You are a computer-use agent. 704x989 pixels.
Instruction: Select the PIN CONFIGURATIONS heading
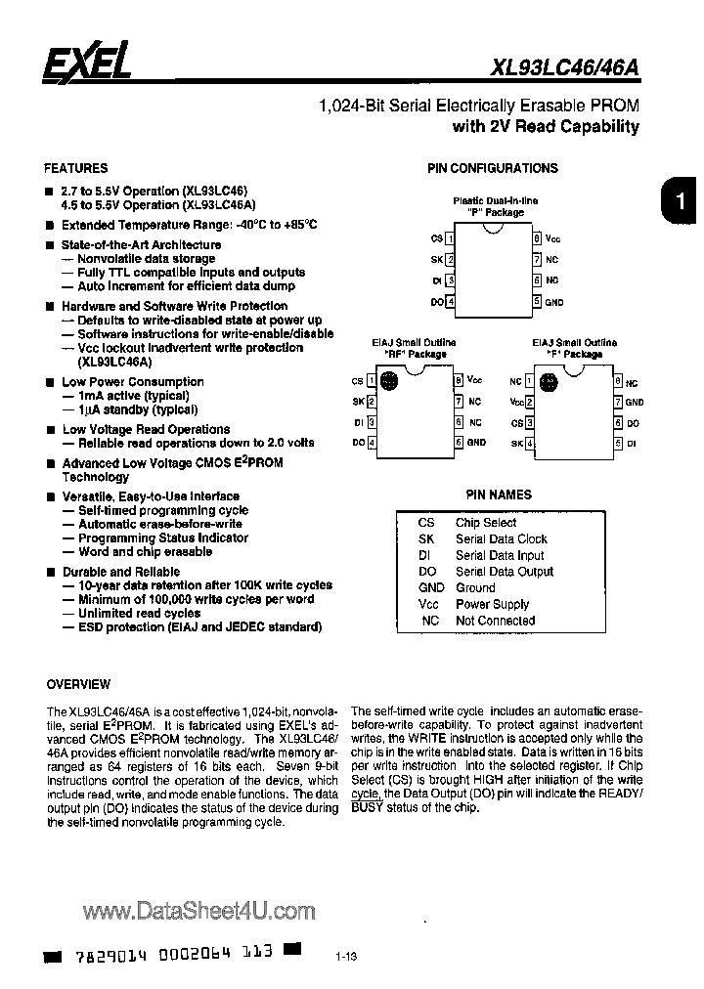click(493, 168)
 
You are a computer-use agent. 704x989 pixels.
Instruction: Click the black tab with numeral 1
click(677, 202)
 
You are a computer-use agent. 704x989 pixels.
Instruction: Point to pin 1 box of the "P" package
click(450, 237)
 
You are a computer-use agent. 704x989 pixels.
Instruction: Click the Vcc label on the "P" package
click(553, 237)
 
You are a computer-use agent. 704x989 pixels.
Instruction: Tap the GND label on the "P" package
click(554, 302)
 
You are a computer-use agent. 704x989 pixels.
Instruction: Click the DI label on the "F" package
click(632, 443)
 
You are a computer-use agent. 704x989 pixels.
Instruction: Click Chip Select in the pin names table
click(486, 523)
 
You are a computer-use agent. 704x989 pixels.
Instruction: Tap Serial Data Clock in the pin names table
click(502, 539)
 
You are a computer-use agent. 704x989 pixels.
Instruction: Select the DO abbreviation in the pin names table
click(426, 572)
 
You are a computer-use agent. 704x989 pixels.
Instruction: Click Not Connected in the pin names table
click(495, 621)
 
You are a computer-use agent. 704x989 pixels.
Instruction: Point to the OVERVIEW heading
click(79, 684)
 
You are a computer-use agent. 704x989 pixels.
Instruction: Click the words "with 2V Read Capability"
click(546, 127)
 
